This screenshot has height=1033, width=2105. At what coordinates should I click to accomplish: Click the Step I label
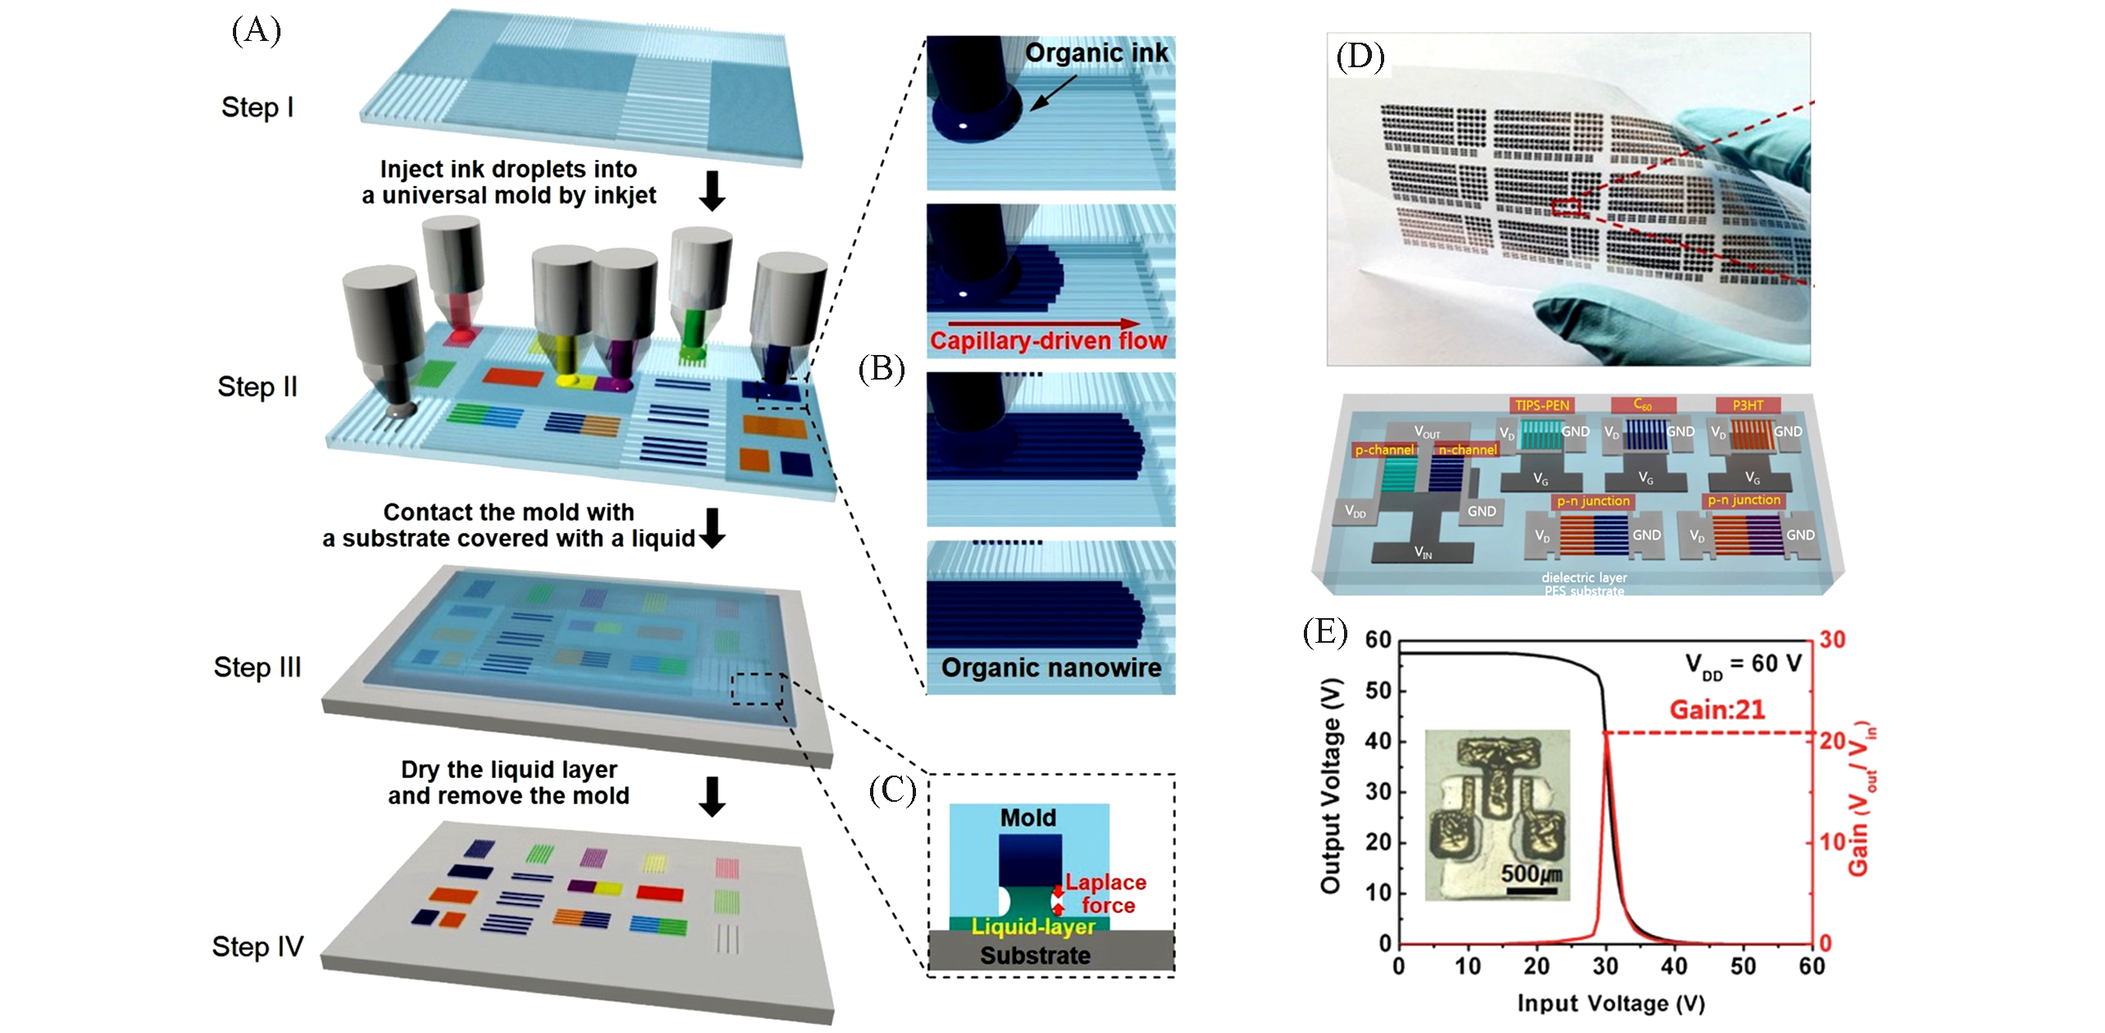coord(257,107)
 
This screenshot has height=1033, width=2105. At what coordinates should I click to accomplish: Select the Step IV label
coord(257,947)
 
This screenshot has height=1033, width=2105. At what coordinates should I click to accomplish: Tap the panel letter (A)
coord(256,30)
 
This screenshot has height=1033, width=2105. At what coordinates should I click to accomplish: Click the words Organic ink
coord(1096,53)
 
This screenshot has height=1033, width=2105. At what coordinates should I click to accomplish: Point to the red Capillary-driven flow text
coord(1048,341)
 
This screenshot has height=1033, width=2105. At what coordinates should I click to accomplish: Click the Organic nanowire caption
coord(1050,668)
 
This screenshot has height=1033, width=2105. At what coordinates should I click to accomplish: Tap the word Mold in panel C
coord(1028,818)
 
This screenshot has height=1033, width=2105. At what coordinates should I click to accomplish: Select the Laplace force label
coord(1106,894)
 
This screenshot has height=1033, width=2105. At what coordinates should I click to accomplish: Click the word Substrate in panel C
coord(1035,956)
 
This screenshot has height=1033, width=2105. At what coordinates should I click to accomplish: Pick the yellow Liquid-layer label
coord(1033,927)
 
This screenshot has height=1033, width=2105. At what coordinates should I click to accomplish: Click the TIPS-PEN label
coord(1542,405)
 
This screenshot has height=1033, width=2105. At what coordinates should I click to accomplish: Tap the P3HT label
coord(1747,405)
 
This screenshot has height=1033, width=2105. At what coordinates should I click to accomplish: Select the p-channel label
coord(1383,450)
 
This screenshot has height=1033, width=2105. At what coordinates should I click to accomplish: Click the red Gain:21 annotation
coord(1717,710)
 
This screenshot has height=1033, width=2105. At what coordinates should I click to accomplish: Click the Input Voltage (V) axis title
coord(1611,1003)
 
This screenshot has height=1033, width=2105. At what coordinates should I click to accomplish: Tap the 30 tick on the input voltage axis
coord(1606,967)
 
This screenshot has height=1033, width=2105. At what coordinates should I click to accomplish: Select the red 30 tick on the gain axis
coord(1832,639)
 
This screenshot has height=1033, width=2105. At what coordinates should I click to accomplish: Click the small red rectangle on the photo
coord(1566,207)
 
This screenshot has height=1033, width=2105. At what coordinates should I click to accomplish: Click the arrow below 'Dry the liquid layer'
coord(712,797)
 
